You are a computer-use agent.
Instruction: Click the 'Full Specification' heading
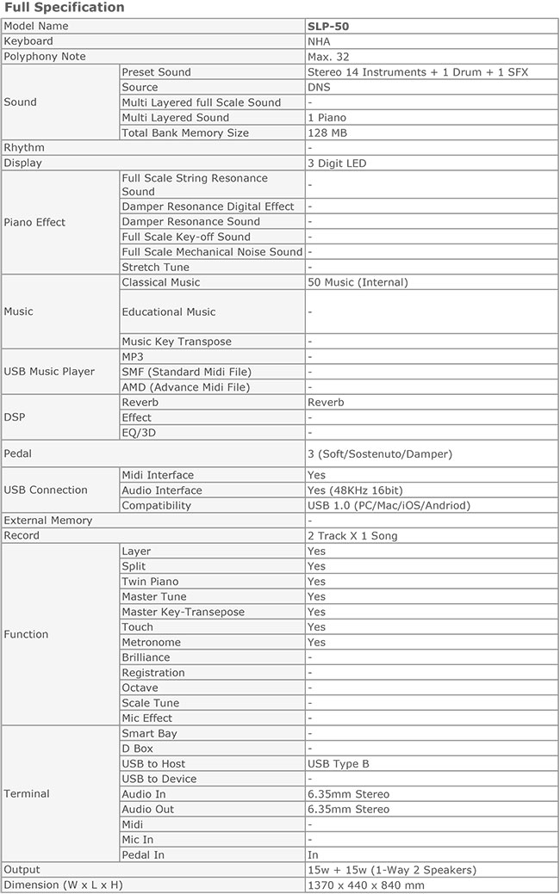65,8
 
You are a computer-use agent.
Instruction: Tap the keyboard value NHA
319,41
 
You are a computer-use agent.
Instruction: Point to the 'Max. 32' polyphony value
328,57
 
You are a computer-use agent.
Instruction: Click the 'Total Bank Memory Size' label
185,133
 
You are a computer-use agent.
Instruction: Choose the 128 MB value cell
327,133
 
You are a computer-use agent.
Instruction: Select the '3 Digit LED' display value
337,163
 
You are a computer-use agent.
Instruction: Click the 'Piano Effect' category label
34,222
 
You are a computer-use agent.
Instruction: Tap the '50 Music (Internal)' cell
358,282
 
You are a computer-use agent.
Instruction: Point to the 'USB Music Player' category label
49,372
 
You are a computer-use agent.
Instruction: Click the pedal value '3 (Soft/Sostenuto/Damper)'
379,453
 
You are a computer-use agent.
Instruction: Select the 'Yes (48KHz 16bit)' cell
358,490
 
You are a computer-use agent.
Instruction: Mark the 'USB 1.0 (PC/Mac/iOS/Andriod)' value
389,505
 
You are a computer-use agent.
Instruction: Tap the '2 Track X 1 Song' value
352,535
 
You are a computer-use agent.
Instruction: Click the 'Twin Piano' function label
150,582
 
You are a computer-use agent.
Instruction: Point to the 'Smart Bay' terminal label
149,733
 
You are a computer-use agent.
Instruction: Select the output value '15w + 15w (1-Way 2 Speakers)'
391,870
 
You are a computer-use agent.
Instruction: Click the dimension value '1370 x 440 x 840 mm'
365,885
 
